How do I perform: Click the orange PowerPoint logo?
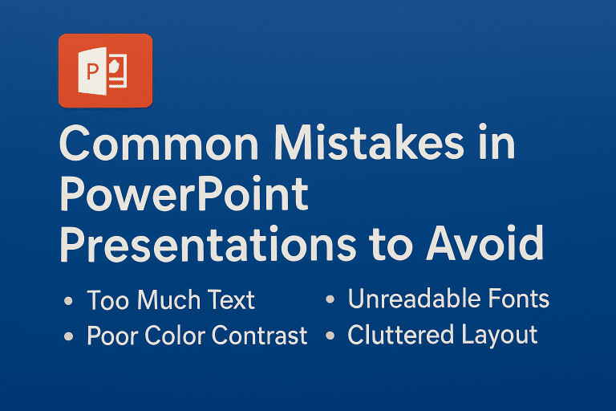click(105, 71)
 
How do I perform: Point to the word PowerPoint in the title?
click(184, 196)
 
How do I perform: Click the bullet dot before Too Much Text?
click(68, 302)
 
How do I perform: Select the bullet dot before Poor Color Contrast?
click(68, 336)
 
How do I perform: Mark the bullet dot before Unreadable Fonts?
click(330, 300)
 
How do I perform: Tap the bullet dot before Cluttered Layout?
click(330, 336)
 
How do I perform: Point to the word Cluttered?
click(393, 335)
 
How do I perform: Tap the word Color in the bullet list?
click(176, 336)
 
